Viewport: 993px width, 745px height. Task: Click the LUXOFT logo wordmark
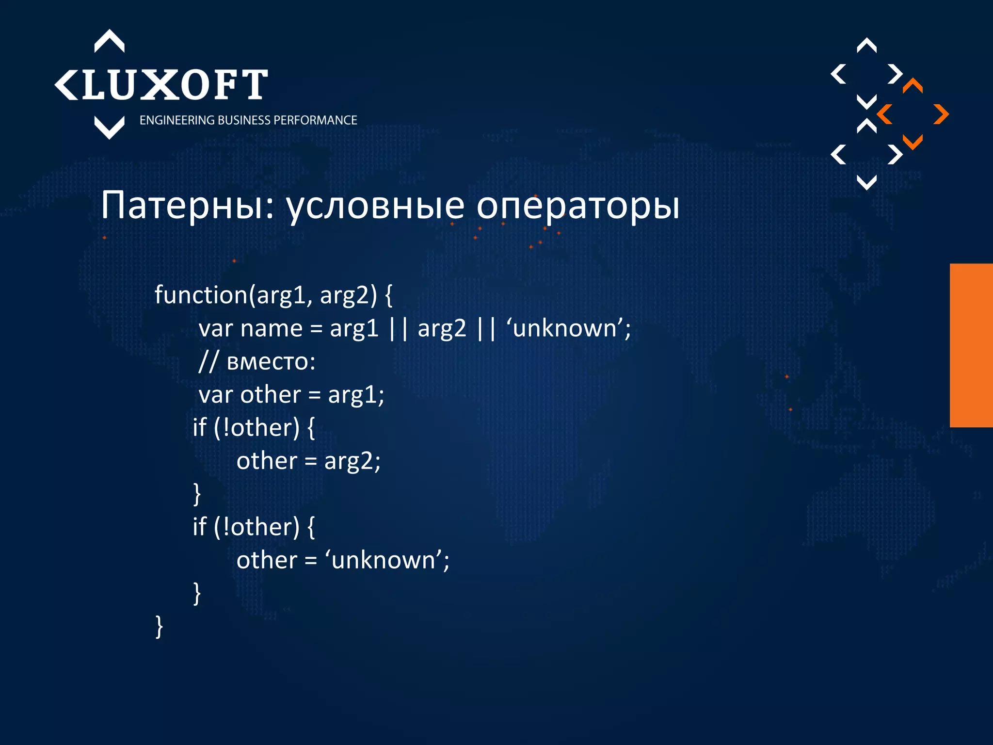pyautogui.click(x=175, y=85)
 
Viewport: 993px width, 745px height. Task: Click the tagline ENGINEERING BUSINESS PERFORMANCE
pyautogui.click(x=248, y=120)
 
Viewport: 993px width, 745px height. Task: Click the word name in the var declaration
pyautogui.click(x=272, y=328)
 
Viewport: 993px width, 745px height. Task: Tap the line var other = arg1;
pyautogui.click(x=291, y=394)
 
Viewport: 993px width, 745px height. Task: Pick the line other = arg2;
pyautogui.click(x=308, y=461)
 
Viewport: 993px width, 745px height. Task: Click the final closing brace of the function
pyautogui.click(x=159, y=626)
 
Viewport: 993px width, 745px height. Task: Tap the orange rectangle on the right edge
pyautogui.click(x=971, y=345)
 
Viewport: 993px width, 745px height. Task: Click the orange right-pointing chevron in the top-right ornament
pyautogui.click(x=941, y=114)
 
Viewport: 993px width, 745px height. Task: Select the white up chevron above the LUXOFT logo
pyautogui.click(x=109, y=41)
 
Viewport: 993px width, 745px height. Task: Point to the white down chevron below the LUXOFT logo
pyautogui.click(x=109, y=128)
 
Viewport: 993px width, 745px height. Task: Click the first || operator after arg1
pyautogui.click(x=398, y=328)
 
